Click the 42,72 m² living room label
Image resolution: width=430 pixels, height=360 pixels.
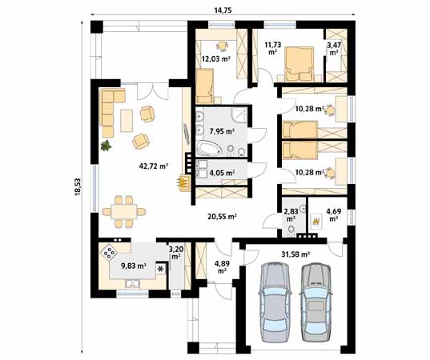[154, 166]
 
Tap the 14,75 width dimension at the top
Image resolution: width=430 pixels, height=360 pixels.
[223, 10]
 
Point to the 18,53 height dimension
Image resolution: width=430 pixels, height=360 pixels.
[78, 187]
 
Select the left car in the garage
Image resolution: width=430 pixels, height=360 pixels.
[275, 302]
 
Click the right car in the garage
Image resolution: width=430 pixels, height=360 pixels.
[316, 302]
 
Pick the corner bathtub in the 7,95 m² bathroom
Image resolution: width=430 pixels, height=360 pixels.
[210, 148]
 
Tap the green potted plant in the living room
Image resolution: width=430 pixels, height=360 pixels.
[106, 146]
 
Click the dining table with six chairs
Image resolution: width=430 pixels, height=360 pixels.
[124, 211]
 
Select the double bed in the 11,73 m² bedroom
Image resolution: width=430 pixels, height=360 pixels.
[299, 64]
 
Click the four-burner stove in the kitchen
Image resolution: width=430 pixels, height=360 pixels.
[109, 253]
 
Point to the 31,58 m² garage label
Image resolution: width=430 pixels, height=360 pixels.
[295, 254]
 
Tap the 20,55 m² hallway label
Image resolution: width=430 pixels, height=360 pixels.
[222, 217]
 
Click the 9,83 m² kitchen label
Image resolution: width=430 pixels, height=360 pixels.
[134, 266]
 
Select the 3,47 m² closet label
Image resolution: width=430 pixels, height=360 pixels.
[334, 48]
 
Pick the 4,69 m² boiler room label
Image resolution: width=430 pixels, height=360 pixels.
[333, 214]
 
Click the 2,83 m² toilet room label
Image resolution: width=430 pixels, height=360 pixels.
[291, 214]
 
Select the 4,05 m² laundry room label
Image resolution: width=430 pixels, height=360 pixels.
[222, 173]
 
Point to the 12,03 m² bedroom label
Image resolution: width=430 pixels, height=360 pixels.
[216, 58]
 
